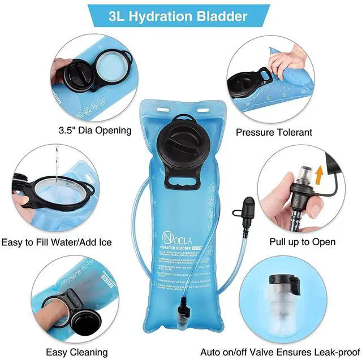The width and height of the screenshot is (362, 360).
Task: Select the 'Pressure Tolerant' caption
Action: pyautogui.click(x=274, y=132)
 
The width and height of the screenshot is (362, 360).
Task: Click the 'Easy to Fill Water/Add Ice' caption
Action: pyautogui.click(x=56, y=242)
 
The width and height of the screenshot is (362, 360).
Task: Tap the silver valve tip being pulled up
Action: pyautogui.click(x=305, y=172)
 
